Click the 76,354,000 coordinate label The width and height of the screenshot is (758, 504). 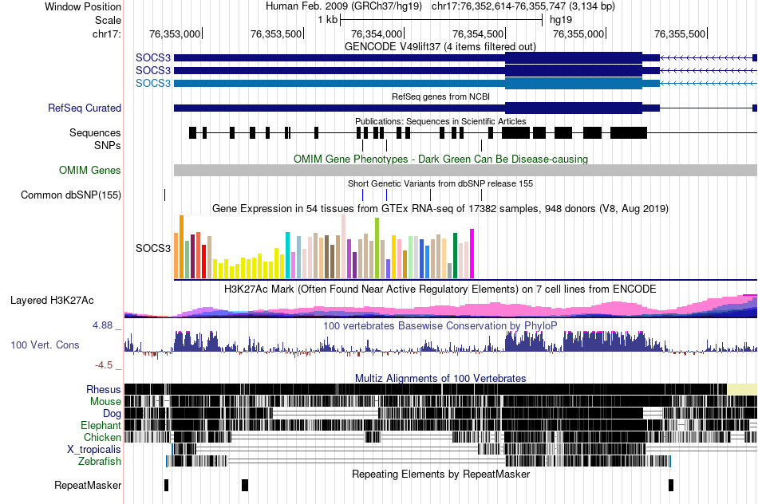(377, 33)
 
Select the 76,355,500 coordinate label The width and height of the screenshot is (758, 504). (680, 33)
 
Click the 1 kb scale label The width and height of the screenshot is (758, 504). (327, 19)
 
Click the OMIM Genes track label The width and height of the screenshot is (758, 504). (89, 170)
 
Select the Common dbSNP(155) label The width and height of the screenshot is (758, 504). (71, 195)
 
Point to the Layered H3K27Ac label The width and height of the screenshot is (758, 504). (52, 301)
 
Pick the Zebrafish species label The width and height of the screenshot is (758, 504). (99, 461)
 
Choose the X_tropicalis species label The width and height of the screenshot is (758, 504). (93, 449)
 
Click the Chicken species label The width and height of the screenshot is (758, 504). (102, 437)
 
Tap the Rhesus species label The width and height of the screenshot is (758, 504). (104, 389)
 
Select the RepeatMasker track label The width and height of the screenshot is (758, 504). (88, 485)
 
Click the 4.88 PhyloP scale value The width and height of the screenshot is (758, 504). (105, 325)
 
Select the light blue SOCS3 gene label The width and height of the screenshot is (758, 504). (152, 83)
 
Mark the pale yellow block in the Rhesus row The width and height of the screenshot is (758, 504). (742, 388)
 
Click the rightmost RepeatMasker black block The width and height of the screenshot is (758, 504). (671, 485)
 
